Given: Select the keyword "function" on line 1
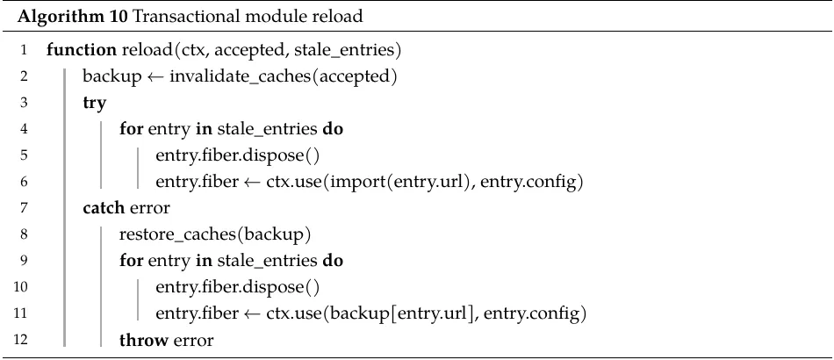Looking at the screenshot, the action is (x=82, y=50).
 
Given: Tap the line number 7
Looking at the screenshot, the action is (x=24, y=208).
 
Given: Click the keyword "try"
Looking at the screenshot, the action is (x=94, y=103).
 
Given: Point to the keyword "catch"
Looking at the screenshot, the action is (x=104, y=208).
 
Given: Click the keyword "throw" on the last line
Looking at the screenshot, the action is (x=142, y=340).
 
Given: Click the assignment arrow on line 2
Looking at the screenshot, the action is (x=155, y=77).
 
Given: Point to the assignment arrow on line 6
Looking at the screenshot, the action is (x=252, y=183).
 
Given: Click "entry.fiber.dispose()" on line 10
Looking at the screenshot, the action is (x=237, y=288).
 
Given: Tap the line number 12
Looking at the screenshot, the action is (x=21, y=340).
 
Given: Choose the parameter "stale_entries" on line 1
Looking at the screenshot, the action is (x=342, y=51).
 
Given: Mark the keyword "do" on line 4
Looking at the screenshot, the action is (x=333, y=129).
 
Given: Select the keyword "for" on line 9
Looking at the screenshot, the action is (x=131, y=261).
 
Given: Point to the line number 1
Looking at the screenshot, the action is (x=24, y=51).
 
